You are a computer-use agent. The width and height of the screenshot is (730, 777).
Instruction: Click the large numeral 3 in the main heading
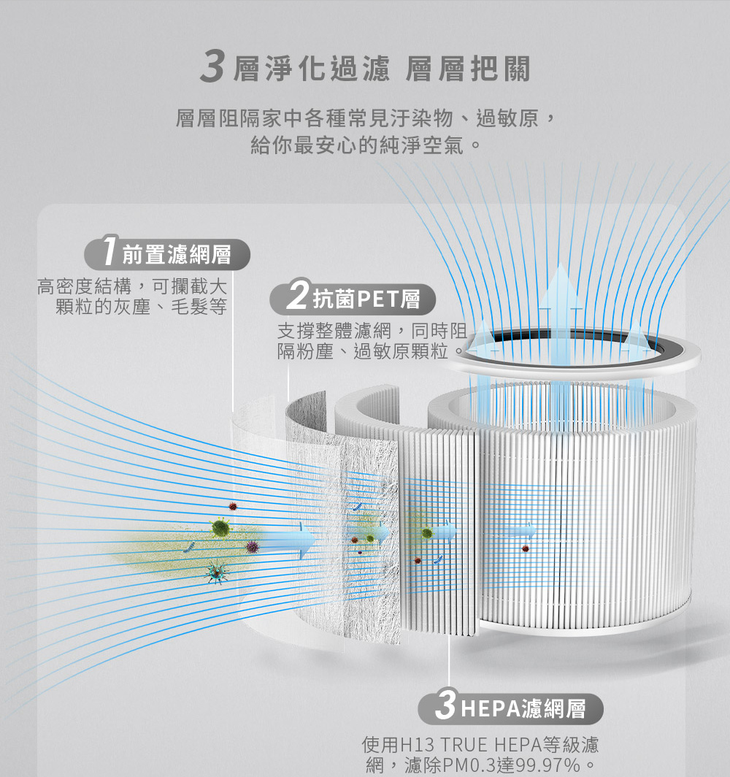(x=212, y=68)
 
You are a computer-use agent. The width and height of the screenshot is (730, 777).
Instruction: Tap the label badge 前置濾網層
(x=167, y=254)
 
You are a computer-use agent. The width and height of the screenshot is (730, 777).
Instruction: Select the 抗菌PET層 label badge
(x=353, y=298)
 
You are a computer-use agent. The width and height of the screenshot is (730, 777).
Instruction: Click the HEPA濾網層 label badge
(x=510, y=708)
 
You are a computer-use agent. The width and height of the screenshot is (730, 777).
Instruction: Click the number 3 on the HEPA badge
(x=446, y=705)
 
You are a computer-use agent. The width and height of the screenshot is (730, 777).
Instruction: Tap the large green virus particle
(x=220, y=527)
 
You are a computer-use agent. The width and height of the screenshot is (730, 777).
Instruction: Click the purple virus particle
(x=253, y=546)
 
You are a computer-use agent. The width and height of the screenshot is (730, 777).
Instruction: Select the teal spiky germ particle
(x=217, y=573)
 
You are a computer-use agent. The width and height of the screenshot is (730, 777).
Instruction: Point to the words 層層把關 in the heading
(x=468, y=69)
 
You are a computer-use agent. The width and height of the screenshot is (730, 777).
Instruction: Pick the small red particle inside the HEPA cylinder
(x=525, y=548)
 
